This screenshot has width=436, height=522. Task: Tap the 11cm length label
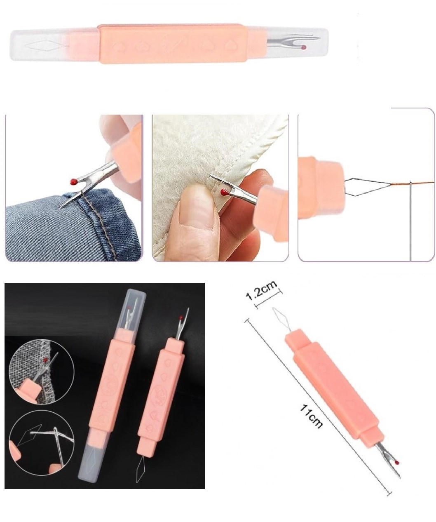click(x=311, y=416)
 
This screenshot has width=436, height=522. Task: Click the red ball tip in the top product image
click(x=304, y=48)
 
